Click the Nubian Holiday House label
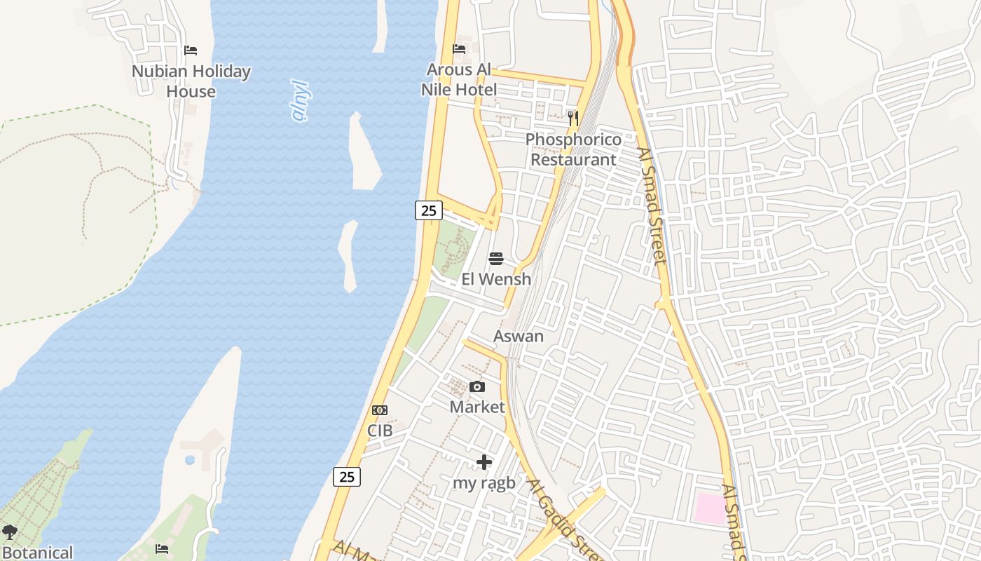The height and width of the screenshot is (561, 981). tap(191, 81)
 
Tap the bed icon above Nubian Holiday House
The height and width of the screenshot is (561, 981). tap(191, 50)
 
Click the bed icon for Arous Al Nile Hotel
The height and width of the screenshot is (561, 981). tap(459, 49)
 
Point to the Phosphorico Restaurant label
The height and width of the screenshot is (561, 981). tap(573, 149)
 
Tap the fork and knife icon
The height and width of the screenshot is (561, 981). tap(573, 119)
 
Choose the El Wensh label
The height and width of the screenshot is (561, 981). tap(496, 279)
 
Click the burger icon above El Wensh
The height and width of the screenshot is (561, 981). tap(496, 259)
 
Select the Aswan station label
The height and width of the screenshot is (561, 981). tap(519, 336)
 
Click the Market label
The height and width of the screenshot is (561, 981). tap(477, 407)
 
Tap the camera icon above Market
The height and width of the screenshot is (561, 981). tap(477, 387)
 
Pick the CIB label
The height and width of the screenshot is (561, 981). tap(380, 430)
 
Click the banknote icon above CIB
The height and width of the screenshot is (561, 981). tap(380, 410)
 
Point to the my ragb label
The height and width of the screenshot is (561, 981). tap(484, 482)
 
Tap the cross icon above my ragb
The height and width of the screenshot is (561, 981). tap(484, 462)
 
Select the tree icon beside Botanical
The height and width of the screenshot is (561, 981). tap(9, 533)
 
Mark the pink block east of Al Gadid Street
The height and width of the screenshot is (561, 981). tap(710, 508)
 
